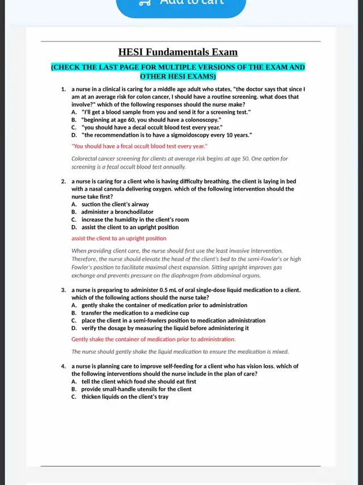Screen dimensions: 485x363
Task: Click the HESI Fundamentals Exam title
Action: click(178, 53)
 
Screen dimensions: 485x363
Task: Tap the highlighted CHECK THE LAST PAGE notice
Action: click(178, 71)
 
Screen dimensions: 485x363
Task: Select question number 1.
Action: click(64, 90)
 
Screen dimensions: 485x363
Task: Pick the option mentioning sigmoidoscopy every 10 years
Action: click(166, 135)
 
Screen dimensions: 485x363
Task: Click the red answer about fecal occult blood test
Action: click(139, 146)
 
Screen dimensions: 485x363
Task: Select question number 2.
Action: click(64, 182)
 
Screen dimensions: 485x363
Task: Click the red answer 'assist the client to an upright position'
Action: click(119, 238)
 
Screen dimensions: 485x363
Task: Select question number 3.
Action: click(64, 290)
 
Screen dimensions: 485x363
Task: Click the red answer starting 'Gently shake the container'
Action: click(153, 339)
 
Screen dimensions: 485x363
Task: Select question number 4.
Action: click(64, 366)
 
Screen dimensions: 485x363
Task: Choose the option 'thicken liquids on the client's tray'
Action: click(124, 397)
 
